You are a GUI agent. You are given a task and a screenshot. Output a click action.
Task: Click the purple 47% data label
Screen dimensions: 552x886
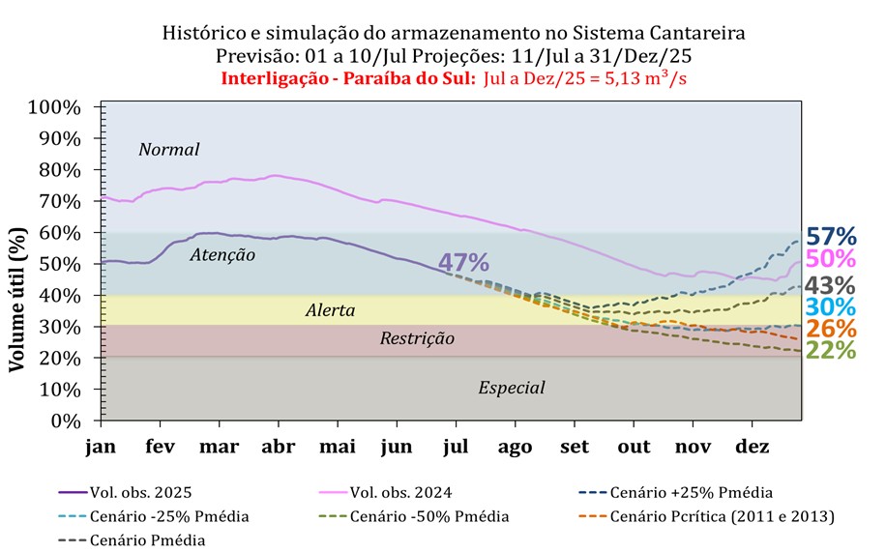[x=463, y=262]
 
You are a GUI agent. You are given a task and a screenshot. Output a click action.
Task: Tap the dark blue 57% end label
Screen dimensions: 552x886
[x=831, y=237]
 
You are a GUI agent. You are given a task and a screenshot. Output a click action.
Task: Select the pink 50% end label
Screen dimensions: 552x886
[x=831, y=259]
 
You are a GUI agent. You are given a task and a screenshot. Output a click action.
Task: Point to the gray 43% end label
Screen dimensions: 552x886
[x=831, y=285]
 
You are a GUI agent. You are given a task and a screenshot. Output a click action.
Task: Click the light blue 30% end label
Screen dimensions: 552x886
[x=831, y=307]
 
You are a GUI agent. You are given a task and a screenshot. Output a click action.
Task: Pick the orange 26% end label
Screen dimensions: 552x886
[x=831, y=329]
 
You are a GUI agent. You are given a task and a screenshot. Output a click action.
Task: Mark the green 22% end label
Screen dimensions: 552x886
[x=831, y=351]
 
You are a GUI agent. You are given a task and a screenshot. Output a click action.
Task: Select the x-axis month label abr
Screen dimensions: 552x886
[x=279, y=448]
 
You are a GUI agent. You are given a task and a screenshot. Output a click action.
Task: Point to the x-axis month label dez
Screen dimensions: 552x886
[x=753, y=448]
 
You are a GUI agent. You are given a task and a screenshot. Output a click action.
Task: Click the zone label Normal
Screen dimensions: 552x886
[x=168, y=150]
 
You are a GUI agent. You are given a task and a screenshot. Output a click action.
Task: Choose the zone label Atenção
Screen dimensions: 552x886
[x=222, y=255]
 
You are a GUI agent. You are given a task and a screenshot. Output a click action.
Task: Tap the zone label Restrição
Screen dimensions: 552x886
[x=417, y=338]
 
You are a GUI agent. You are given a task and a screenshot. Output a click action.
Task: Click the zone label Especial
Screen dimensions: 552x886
[x=512, y=388]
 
